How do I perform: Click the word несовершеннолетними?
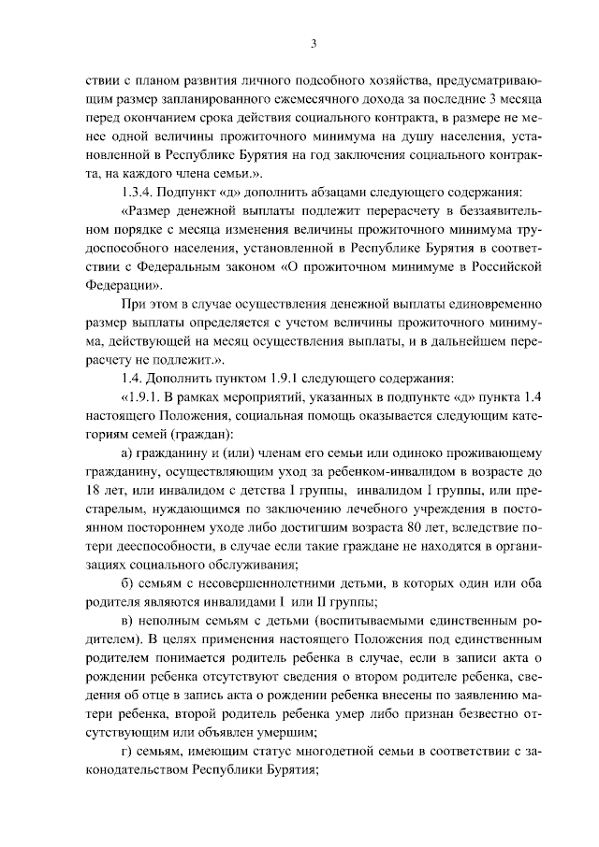250,581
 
